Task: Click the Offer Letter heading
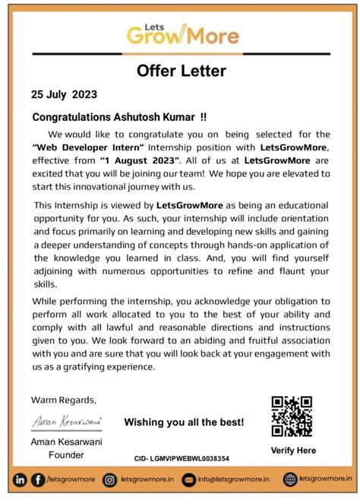182,71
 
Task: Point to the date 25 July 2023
64,95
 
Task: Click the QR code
292,416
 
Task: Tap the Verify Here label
292,450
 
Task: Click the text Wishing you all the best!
184,422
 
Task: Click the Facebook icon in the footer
38,480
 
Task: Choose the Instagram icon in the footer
111,480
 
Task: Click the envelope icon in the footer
190,480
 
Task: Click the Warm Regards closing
63,400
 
